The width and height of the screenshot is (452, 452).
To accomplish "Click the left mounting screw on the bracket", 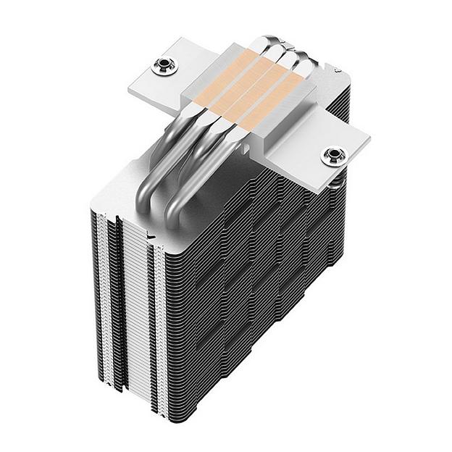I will pyautogui.click(x=164, y=68).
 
